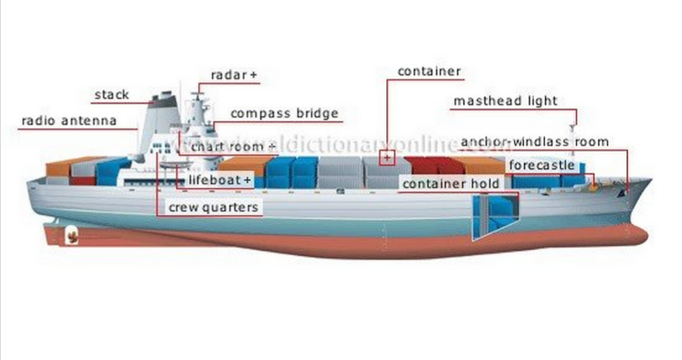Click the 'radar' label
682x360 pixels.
pos(228,75)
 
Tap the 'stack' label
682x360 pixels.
pos(111,94)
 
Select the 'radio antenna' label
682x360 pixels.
pos(68,122)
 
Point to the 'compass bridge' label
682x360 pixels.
pos(284,113)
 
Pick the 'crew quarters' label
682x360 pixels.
pos(213,206)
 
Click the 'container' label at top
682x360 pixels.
pos(429,71)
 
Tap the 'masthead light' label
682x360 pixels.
pos(505,101)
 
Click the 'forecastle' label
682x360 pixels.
pos(542,164)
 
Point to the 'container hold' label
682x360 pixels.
pos(450,183)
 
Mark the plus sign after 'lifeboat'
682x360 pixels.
pos(247,180)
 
